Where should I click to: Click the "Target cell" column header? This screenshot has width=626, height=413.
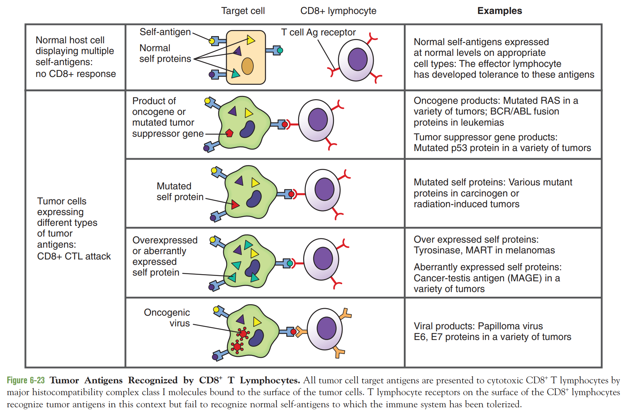coord(243,11)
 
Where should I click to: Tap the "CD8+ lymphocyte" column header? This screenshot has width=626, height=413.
coord(338,11)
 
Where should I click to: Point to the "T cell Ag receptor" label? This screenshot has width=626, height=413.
coord(318,32)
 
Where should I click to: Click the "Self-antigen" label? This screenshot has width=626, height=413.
coord(165,32)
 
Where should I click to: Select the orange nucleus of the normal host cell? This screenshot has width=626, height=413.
coord(247,66)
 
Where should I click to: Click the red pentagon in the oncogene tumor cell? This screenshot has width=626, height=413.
coord(229,133)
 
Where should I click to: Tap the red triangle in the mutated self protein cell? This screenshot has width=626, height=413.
coord(235,205)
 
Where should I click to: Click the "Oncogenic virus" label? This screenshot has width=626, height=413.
coord(167,317)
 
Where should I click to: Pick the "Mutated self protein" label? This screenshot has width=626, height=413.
coord(180,191)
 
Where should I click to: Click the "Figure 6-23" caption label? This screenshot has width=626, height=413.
coord(26,380)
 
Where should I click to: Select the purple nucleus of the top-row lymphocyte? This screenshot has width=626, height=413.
coord(358,59)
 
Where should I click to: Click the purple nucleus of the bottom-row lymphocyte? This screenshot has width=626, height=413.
coord(326,328)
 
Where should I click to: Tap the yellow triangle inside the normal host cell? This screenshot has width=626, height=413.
coord(250,40)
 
